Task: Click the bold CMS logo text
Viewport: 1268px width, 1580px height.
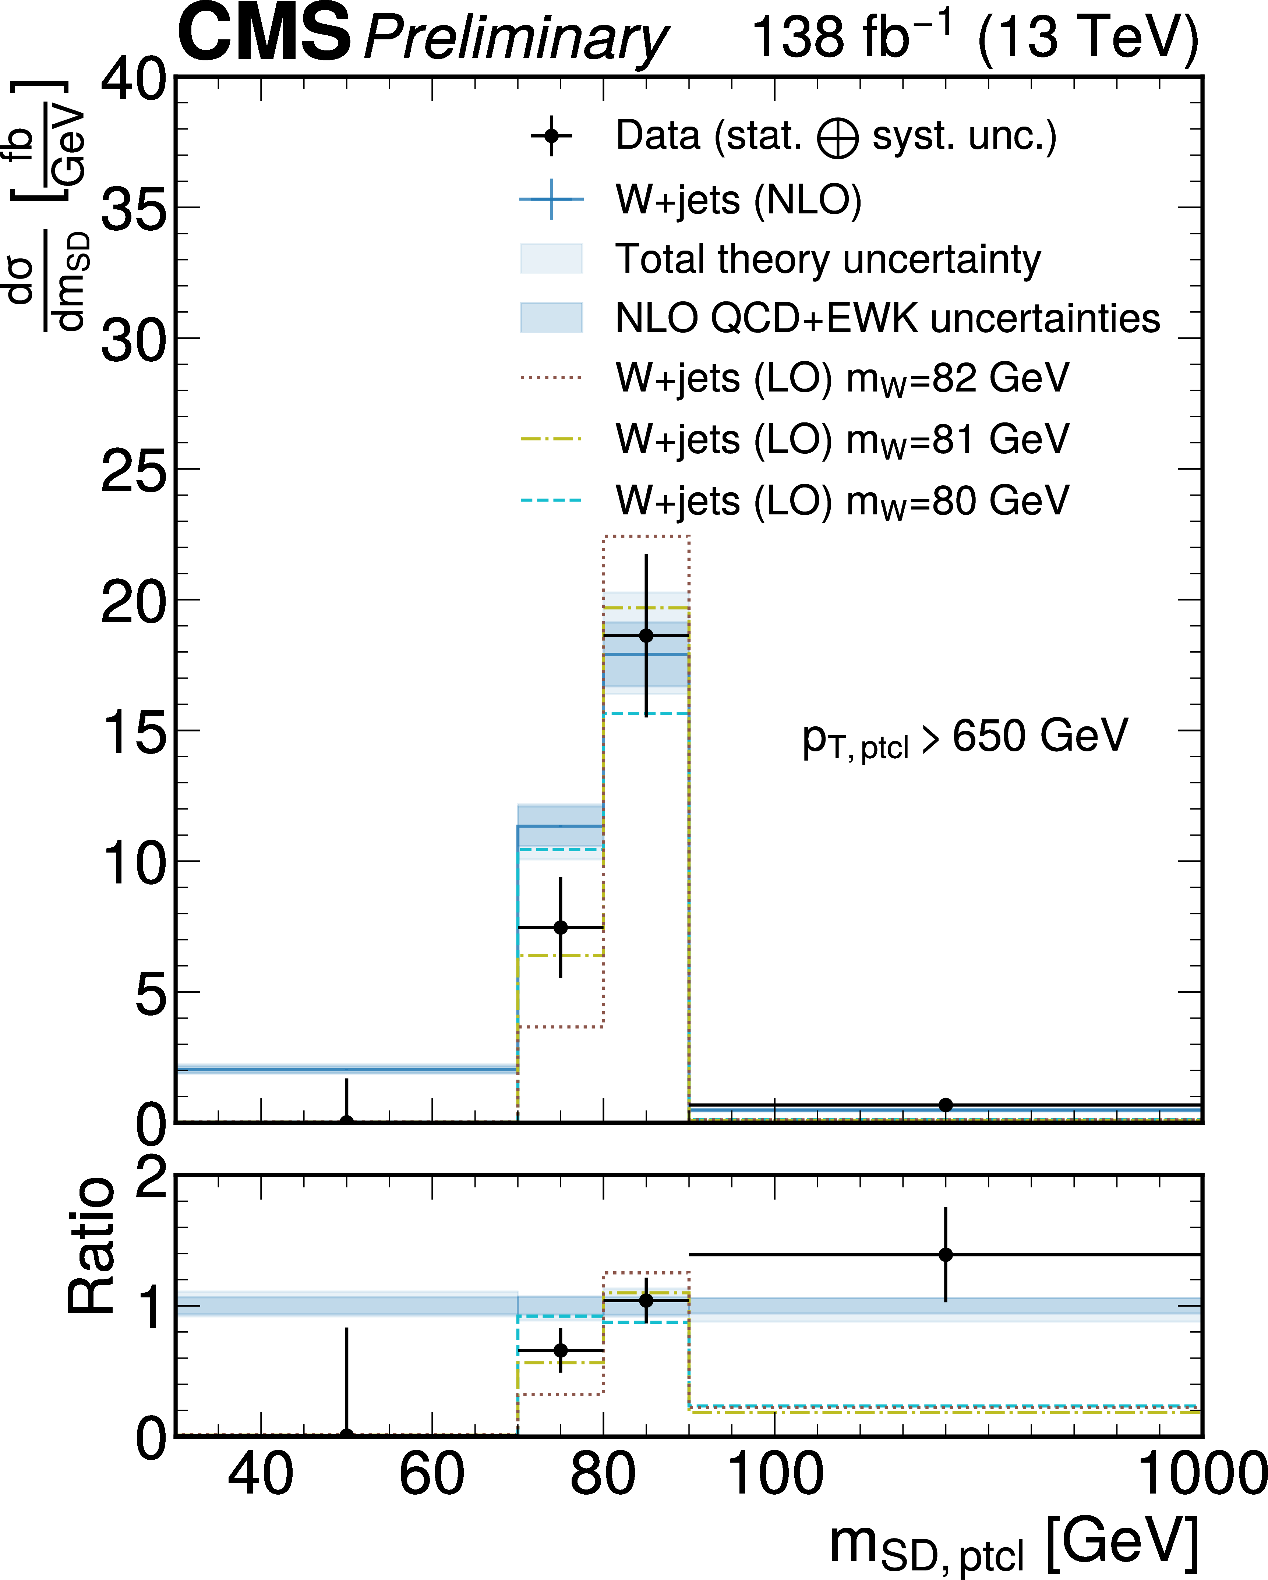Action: pos(264,35)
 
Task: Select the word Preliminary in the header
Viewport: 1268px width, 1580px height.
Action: pos(515,38)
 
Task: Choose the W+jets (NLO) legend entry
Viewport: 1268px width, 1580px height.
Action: pos(738,199)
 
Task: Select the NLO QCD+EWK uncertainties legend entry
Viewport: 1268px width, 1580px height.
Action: pos(887,318)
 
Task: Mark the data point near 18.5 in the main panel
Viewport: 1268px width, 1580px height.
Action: pos(646,635)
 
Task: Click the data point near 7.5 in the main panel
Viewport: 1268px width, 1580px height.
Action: pos(561,928)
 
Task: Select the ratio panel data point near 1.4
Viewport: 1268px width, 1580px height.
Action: pos(946,1255)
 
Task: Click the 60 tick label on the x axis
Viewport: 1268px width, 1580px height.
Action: pos(432,1475)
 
